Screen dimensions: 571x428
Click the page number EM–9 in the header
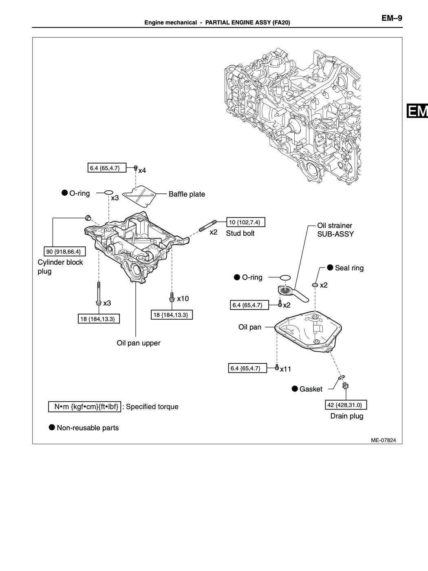click(392, 18)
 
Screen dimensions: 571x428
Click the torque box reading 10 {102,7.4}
click(246, 222)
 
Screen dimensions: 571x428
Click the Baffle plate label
click(187, 194)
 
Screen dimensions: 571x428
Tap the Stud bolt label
click(240, 233)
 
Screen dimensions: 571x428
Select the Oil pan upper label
click(139, 343)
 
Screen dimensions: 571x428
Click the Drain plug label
click(346, 416)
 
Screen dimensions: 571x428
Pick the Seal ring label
click(349, 268)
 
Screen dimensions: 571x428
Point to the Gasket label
click(311, 389)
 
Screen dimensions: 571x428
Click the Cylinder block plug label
click(60, 266)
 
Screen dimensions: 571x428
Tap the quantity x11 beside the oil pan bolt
click(285, 369)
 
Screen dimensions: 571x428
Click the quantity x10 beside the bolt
click(183, 299)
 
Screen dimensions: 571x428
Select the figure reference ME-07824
click(386, 440)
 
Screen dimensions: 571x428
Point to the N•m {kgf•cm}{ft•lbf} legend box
click(86, 407)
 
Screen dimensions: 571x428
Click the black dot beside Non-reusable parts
click(52, 427)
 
